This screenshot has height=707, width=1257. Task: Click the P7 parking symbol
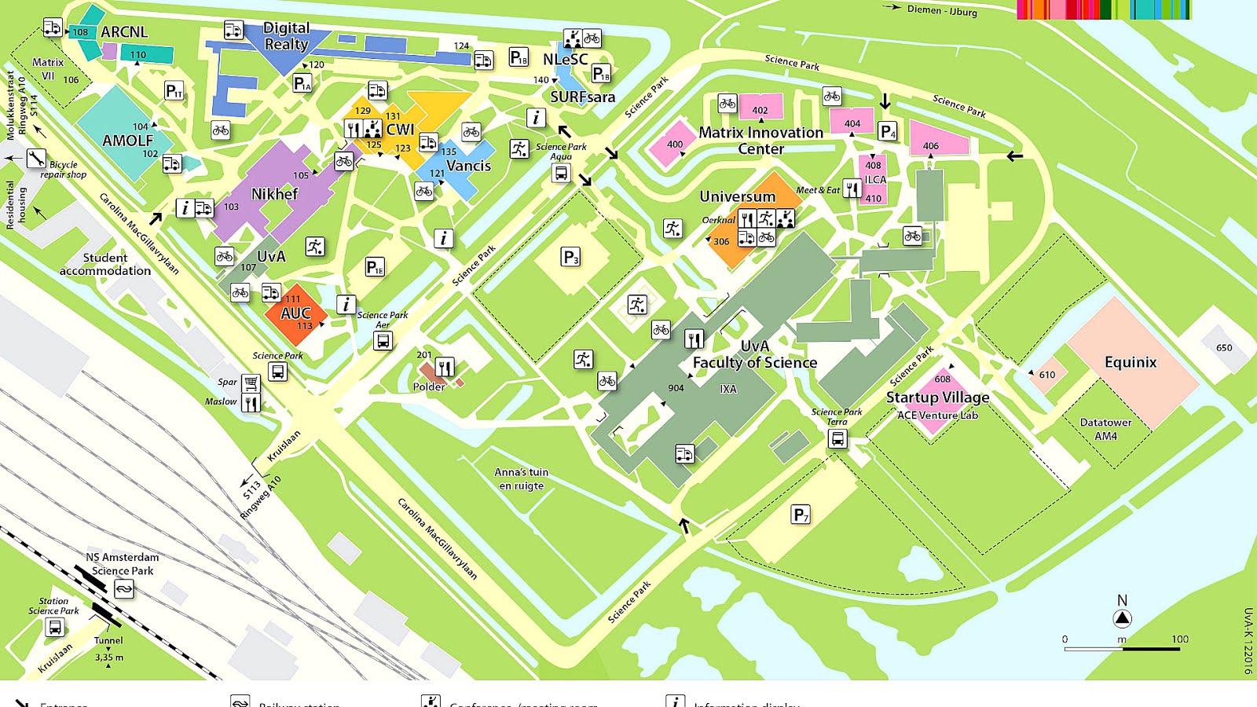point(801,515)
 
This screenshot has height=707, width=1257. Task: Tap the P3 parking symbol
point(571,257)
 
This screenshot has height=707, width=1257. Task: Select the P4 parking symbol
point(887,132)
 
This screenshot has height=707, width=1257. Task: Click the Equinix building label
point(1131,362)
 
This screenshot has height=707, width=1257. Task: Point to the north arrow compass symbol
point(1122,618)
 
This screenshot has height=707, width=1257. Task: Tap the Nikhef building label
point(274,194)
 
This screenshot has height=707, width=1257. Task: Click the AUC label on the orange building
point(296,313)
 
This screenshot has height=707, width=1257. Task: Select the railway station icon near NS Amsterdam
point(124,588)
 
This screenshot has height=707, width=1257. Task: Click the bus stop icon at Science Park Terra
point(837,438)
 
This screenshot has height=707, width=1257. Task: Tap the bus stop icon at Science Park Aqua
point(561,174)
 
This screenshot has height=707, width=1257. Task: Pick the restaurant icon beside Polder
point(445,367)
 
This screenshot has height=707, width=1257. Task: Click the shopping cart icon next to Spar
point(251,383)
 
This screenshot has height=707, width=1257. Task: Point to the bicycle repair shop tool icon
point(36,159)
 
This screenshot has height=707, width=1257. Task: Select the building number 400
point(675,145)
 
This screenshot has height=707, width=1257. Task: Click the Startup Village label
point(937,397)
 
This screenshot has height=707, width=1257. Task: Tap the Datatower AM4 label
point(1105,429)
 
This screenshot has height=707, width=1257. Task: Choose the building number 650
point(1224,348)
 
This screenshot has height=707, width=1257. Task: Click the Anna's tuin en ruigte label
point(522,478)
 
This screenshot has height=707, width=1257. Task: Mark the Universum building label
point(737,196)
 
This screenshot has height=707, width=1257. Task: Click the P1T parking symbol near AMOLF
point(174,91)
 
